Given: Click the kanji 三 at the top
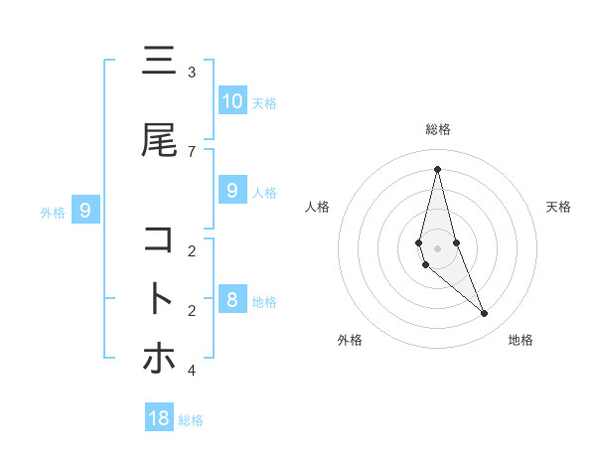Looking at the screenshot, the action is coord(159,63).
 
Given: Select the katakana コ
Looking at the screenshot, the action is coord(159,240).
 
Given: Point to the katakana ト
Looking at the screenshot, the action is coord(159,299).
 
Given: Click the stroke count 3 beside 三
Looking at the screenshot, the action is coord(192,73).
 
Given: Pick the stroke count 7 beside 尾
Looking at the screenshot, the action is coord(192,151).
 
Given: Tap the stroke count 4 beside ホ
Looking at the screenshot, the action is coord(192,370).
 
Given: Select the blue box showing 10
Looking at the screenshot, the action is coord(231,101).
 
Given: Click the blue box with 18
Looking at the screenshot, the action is coord(159,418).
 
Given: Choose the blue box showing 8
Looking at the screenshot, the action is coord(231,300).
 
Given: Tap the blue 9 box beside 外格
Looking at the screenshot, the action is coord(85,211).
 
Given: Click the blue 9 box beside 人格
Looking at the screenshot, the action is coord(231,191).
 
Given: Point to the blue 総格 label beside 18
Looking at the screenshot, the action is coord(191,420).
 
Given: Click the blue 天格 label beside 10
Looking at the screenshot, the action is coord(263,103).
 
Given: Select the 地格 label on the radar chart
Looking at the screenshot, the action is coord(521,340).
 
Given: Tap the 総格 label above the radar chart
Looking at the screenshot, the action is coord(437,129).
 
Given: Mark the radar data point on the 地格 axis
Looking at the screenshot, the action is coord(485,314).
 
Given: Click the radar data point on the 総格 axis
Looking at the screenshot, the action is coord(437,169).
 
